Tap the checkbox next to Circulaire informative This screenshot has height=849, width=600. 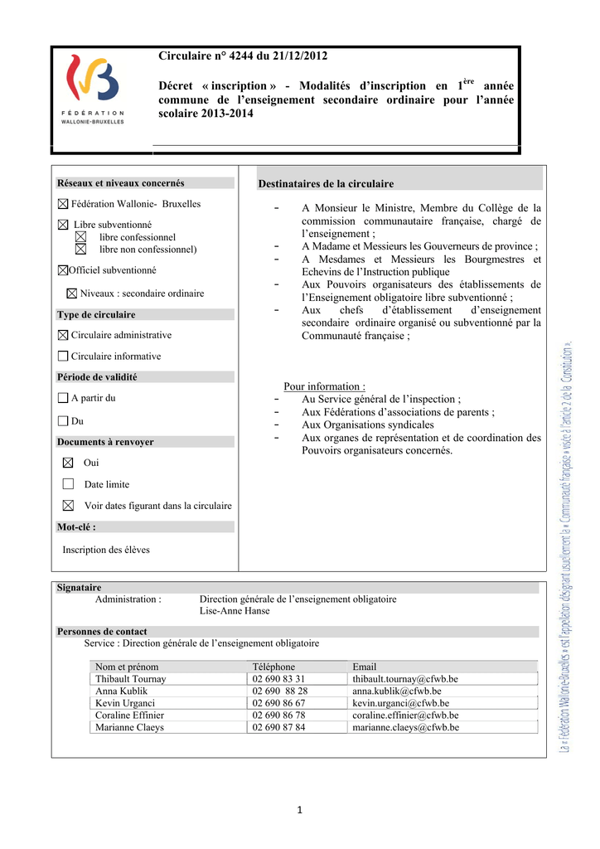pos(63,356)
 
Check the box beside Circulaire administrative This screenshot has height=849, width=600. pos(63,335)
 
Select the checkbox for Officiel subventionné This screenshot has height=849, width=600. pos(63,270)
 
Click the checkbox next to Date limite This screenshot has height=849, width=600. pos(68,484)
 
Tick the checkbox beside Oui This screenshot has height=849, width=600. pos(68,463)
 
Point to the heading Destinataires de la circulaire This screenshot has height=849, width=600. pos(326,183)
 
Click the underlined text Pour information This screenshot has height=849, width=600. pos(324,386)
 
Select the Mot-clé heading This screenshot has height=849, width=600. pos(76,526)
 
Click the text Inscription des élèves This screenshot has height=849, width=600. pos(106,549)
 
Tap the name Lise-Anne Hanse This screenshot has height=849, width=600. pos(235,611)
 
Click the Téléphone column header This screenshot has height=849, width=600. pos(273,667)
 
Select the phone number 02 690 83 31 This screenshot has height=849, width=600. pos(278,679)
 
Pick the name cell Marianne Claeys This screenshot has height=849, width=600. pos(129,727)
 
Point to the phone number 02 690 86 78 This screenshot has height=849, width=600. pos(278,715)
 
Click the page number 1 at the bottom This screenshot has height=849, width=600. pos(300,810)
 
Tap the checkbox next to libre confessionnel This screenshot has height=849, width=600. pos(80,237)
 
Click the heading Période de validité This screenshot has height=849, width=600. pos(97,376)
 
